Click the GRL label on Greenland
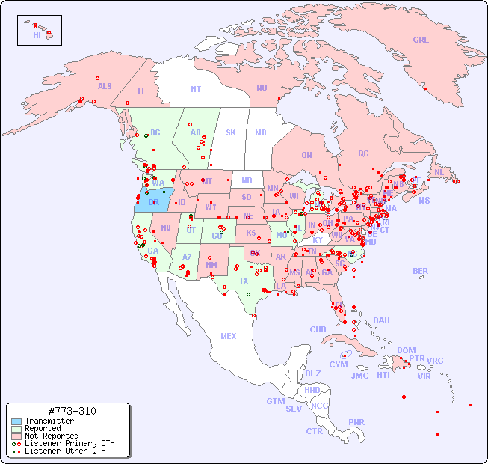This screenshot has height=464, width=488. pyautogui.click(x=421, y=40)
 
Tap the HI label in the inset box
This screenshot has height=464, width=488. pyautogui.click(x=37, y=35)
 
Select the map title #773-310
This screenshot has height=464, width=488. pyautogui.click(x=71, y=411)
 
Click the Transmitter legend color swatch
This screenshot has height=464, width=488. pyautogui.click(x=16, y=421)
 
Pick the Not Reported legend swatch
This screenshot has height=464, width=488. pyautogui.click(x=16, y=436)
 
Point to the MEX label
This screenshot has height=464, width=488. pyautogui.click(x=229, y=336)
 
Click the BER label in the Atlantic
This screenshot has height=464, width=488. pyautogui.click(x=421, y=271)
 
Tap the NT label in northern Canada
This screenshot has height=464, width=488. pyautogui.click(x=196, y=89)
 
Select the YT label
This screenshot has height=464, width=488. pyautogui.click(x=140, y=91)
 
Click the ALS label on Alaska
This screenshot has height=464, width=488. pyautogui.click(x=105, y=86)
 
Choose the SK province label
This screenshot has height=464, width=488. pyautogui.click(x=231, y=133)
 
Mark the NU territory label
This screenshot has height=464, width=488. pyautogui.click(x=262, y=88)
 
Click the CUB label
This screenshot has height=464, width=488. pyautogui.click(x=318, y=329)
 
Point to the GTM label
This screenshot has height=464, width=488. pyautogui.click(x=275, y=401)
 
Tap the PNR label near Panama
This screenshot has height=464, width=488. pyautogui.click(x=356, y=422)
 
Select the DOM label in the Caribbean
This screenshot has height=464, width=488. pyautogui.click(x=406, y=350)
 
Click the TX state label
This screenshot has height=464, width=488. pyautogui.click(x=244, y=281)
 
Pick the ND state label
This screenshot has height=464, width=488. pyautogui.click(x=247, y=180)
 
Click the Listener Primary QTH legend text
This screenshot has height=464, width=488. pyautogui.click(x=69, y=443)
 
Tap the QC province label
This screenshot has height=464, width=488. pyautogui.click(x=363, y=154)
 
